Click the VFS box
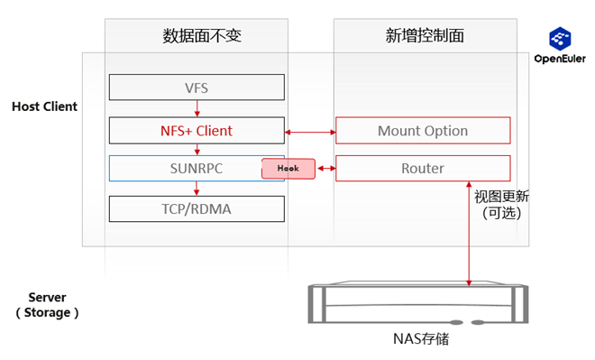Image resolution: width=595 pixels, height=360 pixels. [197, 88]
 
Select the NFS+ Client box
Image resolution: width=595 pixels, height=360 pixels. [197, 131]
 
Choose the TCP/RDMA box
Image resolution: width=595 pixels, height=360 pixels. [197, 208]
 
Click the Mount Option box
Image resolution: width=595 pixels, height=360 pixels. [422, 131]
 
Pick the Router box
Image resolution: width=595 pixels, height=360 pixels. [422, 169]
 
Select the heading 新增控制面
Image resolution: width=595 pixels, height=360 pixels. [424, 36]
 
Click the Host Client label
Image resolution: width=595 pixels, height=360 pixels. [44, 106]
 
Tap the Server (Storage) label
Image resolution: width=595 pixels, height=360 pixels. [48, 305]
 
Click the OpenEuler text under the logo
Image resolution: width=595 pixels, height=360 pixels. [561, 60]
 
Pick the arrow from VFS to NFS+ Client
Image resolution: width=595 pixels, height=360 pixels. [197, 108]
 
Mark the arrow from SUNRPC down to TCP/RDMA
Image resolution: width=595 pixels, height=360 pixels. [197, 188]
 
